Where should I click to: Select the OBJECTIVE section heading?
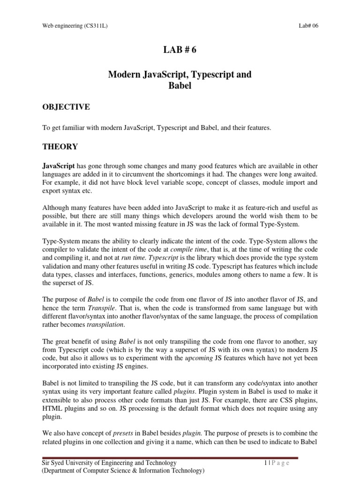tap(66, 107)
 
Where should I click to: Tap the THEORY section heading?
tap(60, 147)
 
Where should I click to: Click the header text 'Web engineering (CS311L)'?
tap(75, 26)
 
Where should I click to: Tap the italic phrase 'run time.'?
tap(155, 258)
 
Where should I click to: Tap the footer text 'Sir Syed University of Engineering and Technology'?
tap(109, 463)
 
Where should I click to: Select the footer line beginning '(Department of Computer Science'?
tap(123, 471)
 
